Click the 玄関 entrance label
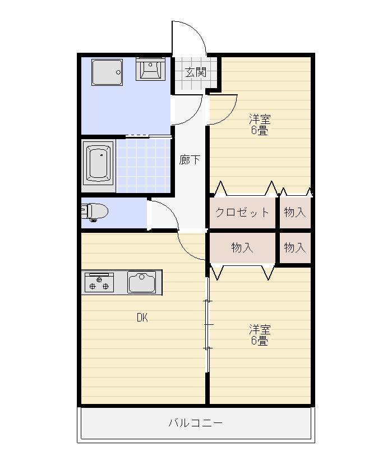196,72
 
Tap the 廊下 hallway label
190,160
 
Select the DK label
142,318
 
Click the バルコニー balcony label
195,422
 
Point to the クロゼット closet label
242,212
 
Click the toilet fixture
95,212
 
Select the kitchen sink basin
142,282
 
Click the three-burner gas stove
99,283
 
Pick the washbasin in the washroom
150,69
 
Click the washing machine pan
107,72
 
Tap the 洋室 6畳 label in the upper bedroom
260,125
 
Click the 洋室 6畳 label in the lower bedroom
260,335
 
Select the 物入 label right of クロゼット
294,212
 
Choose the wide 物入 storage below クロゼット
242,247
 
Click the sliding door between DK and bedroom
207,325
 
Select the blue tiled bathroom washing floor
144,166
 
